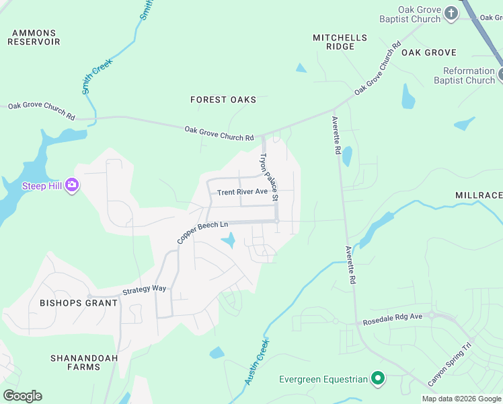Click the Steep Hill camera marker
click(x=72, y=186)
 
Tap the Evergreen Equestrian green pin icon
click(x=377, y=379)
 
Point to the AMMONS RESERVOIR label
click(x=34, y=37)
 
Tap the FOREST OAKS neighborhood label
click(x=223, y=100)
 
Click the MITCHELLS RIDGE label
click(x=340, y=42)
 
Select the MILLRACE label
click(x=478, y=195)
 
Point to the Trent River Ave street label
click(x=242, y=193)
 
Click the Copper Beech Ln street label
click(x=203, y=232)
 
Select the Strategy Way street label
click(x=144, y=290)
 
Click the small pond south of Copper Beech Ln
click(x=229, y=240)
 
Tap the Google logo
click(x=22, y=396)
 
